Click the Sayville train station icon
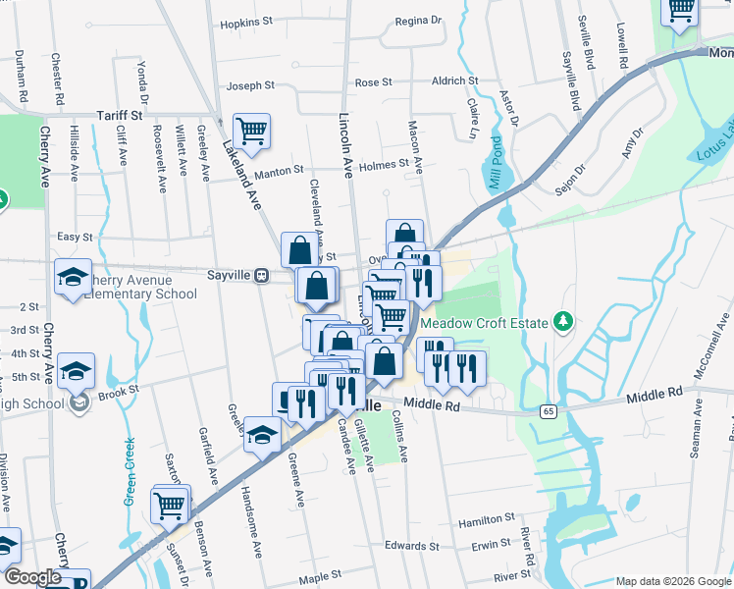point(262,276)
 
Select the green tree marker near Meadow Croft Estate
point(562,320)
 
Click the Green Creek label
point(130,471)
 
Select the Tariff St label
point(120,115)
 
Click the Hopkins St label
point(246,23)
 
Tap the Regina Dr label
point(418,20)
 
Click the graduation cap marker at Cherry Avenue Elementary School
point(73,277)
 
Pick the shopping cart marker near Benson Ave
point(170,505)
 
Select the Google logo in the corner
point(32,577)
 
